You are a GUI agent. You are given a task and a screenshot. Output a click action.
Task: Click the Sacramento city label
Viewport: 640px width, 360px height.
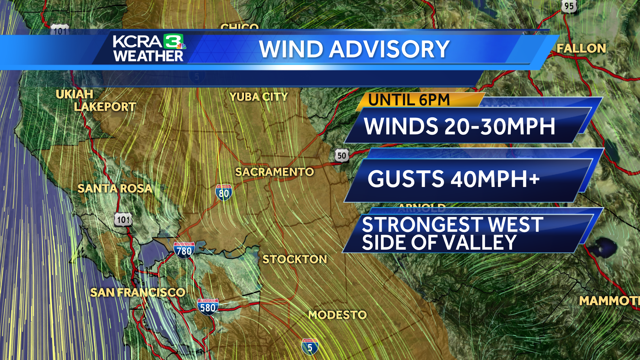click(274, 172)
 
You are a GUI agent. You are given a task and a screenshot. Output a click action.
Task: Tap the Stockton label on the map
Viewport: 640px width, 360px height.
click(295, 259)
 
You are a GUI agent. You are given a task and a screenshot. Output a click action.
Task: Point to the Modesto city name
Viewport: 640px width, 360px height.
click(337, 315)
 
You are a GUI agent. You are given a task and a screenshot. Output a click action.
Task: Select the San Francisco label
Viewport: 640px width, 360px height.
click(138, 293)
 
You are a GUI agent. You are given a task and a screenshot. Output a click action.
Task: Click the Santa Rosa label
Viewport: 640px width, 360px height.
click(115, 189)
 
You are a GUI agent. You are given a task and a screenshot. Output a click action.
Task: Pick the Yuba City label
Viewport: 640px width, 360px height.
click(259, 97)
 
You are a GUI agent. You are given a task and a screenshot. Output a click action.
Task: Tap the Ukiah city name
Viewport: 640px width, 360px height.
click(74, 95)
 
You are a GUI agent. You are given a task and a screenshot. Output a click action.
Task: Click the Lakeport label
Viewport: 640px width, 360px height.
click(105, 107)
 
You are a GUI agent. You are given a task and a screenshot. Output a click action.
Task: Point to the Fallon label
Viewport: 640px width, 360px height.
click(581, 49)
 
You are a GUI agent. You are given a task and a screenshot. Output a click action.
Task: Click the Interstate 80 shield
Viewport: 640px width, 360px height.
click(224, 193)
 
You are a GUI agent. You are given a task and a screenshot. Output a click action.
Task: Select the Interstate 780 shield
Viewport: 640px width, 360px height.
click(184, 250)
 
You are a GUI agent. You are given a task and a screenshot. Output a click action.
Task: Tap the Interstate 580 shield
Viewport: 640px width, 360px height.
click(208, 307)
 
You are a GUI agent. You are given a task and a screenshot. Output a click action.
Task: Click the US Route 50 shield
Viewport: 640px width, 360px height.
click(342, 156)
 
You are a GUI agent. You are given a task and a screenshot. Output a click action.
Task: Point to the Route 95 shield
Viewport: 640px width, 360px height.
click(569, 6)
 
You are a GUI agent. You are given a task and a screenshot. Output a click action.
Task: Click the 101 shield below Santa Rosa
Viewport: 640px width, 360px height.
click(123, 220)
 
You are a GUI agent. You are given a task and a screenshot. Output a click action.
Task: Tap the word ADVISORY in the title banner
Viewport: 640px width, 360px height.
click(389, 49)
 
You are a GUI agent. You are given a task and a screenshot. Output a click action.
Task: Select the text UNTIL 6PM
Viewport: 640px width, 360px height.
click(409, 100)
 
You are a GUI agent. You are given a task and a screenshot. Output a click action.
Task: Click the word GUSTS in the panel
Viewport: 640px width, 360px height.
click(406, 179)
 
